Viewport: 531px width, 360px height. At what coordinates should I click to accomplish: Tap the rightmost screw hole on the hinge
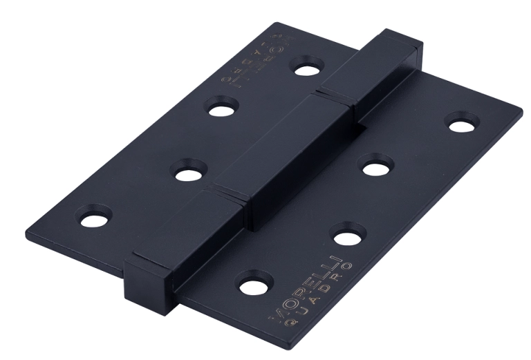tap(463, 124)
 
